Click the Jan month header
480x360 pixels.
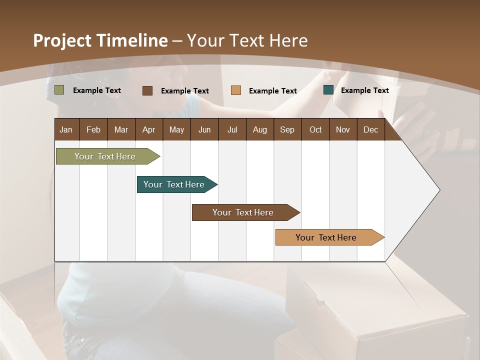click(x=66, y=129)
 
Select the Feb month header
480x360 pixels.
click(x=93, y=129)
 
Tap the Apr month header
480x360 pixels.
click(x=148, y=129)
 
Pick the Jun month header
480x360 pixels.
click(x=204, y=129)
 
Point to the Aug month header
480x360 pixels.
click(x=259, y=129)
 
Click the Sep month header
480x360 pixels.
click(x=287, y=129)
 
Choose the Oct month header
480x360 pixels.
click(x=315, y=129)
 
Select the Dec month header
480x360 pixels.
click(x=370, y=129)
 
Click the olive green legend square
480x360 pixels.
click(x=59, y=90)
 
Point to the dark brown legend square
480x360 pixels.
click(x=147, y=90)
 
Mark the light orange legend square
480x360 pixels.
click(x=236, y=90)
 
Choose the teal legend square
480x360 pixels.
click(x=328, y=90)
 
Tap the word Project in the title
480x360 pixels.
click(x=61, y=40)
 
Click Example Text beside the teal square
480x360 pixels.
click(x=364, y=90)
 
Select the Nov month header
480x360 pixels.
click(x=343, y=129)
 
